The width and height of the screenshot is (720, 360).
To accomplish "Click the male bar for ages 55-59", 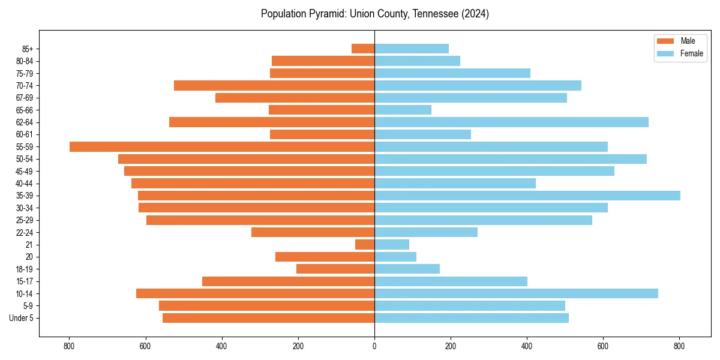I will [222, 146].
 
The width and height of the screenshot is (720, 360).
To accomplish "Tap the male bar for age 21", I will [365, 245].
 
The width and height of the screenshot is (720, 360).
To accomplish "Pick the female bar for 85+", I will [412, 49].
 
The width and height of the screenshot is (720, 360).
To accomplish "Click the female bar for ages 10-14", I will [516, 293].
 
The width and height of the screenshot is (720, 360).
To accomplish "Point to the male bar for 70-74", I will [274, 85].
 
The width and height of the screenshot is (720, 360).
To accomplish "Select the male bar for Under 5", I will [268, 318].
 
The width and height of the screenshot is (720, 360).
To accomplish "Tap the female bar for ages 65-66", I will [403, 110].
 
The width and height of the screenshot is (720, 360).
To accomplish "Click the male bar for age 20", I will [325, 257].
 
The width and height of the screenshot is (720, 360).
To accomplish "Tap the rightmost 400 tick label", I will [527, 346].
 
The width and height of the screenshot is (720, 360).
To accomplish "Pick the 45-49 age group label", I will [25, 171].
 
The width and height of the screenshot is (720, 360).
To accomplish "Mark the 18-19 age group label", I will [25, 269].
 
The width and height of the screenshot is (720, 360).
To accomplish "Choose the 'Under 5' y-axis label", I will [22, 318].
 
